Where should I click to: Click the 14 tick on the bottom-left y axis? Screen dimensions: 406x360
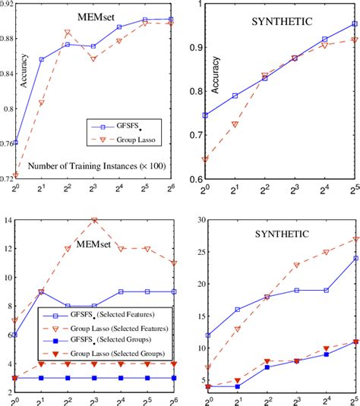tap(9, 220)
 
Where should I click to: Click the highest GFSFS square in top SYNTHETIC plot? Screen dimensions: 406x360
tap(354, 24)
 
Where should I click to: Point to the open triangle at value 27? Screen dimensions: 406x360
tap(354, 240)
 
